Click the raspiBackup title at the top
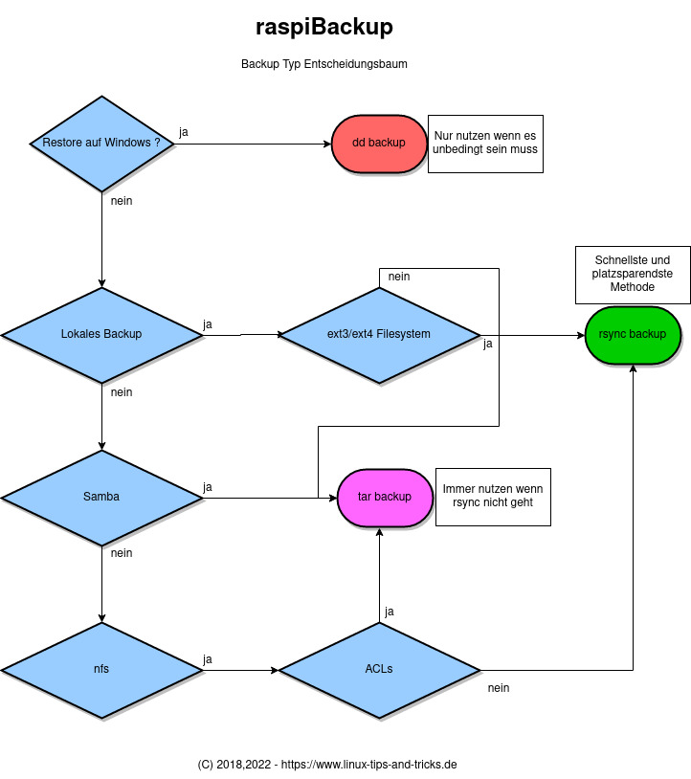click(x=323, y=27)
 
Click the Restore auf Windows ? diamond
click(x=101, y=144)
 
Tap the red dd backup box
click(x=379, y=144)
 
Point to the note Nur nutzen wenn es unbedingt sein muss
click(x=485, y=144)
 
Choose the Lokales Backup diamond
click(x=101, y=335)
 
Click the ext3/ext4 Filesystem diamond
click(x=379, y=335)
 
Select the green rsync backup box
click(x=633, y=335)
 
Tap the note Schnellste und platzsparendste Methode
click(x=632, y=274)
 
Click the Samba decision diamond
click(x=101, y=498)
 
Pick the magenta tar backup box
click(x=384, y=498)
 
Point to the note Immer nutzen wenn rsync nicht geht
click(x=493, y=496)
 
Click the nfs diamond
click(x=101, y=669)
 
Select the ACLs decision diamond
click(x=379, y=669)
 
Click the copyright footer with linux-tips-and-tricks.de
click(x=326, y=765)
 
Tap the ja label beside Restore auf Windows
click(x=184, y=131)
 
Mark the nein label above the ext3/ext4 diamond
click(x=399, y=277)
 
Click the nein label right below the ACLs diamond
click(x=498, y=687)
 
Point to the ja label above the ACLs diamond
click(x=390, y=611)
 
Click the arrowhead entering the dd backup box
click(x=325, y=144)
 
